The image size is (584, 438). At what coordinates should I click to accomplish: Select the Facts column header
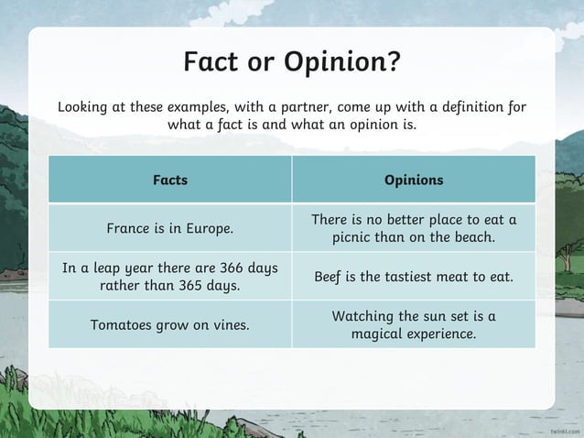169,181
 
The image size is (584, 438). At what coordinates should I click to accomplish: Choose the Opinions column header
414,181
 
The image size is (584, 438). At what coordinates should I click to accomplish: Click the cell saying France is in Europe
169,228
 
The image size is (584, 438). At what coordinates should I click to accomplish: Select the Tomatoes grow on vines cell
169,324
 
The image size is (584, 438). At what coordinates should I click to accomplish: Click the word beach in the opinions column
473,238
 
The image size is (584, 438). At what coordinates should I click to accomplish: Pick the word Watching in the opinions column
362,316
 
